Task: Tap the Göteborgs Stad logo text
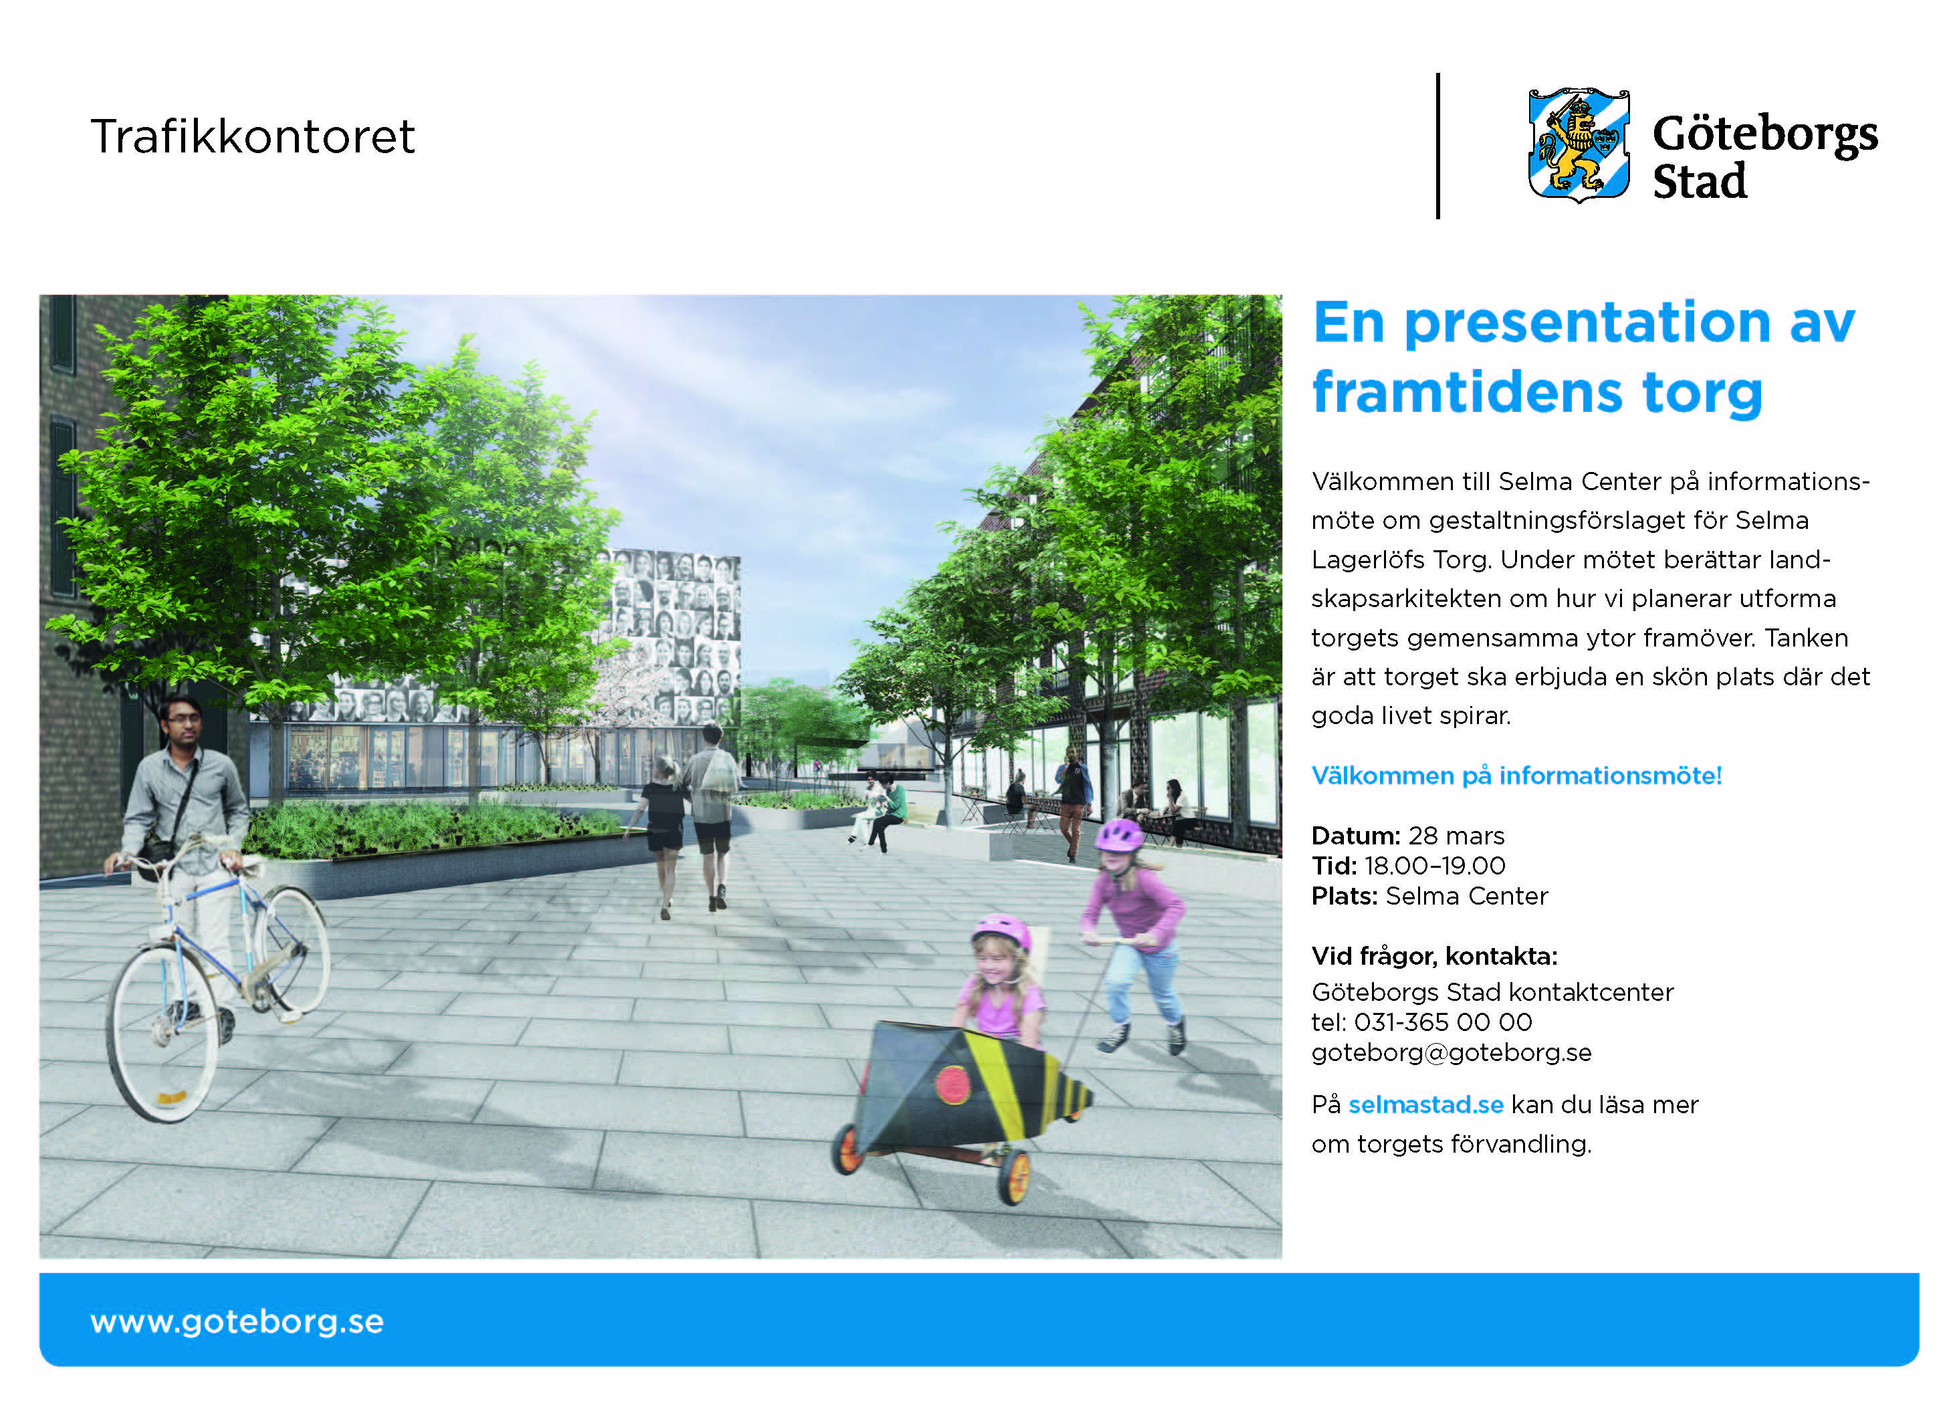click(x=1764, y=156)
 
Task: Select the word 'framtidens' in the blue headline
click(x=1466, y=393)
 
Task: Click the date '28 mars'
click(x=1456, y=836)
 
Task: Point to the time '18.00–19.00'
click(x=1435, y=865)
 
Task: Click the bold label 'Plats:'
click(x=1344, y=896)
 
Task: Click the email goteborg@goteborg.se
click(x=1451, y=1053)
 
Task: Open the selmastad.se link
click(x=1426, y=1104)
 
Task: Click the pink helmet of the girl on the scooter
click(x=1119, y=835)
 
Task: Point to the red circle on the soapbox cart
click(x=953, y=1084)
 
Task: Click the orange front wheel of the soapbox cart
click(x=1015, y=1175)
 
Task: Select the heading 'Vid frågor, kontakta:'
click(x=1434, y=956)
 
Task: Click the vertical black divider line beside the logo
click(x=1437, y=146)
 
